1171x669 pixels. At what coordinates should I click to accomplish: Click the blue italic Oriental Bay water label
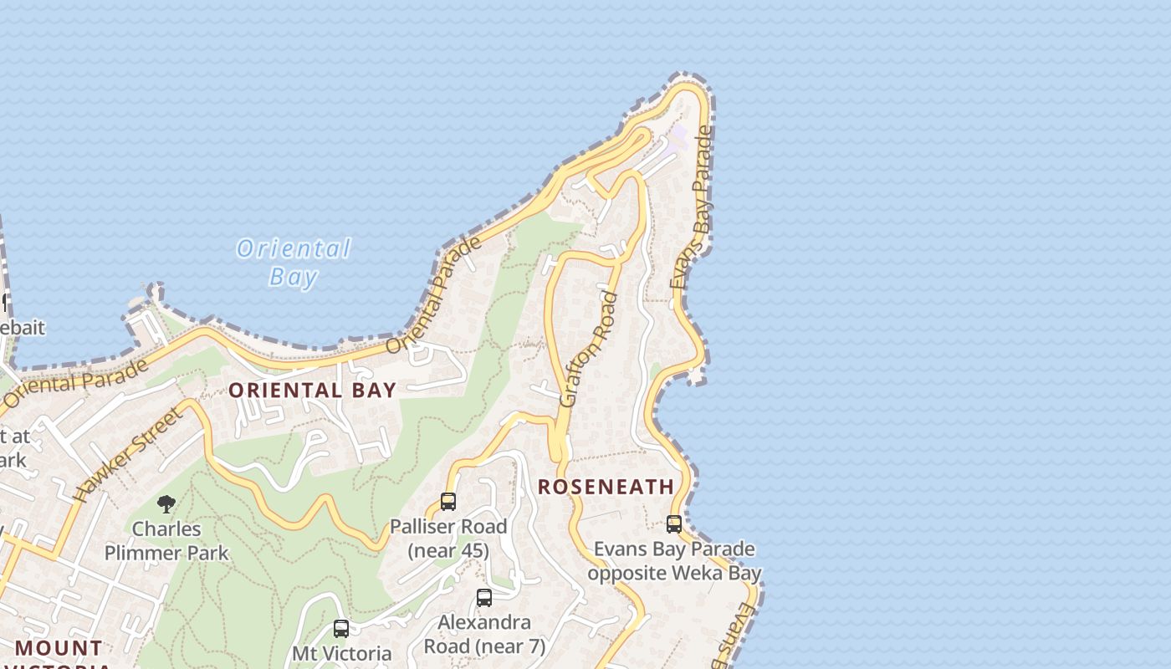point(294,262)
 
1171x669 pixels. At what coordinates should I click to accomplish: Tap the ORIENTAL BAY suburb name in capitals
point(312,391)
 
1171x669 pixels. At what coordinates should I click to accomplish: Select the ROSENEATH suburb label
point(606,487)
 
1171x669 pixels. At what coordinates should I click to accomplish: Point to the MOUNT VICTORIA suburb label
point(59,649)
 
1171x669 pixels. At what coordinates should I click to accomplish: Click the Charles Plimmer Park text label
point(166,540)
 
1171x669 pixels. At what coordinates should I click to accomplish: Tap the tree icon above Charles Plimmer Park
point(166,503)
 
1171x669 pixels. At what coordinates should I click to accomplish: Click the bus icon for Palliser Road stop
point(448,502)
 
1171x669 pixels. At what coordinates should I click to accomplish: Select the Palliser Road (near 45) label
point(448,538)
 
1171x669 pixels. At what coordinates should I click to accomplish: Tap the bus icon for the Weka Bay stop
point(674,524)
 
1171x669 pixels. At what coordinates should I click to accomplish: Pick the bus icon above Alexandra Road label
point(484,598)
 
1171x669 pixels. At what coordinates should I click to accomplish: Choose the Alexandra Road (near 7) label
point(484,634)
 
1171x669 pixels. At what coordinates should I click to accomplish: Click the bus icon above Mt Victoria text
point(341,628)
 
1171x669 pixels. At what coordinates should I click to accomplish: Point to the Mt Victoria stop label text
point(341,653)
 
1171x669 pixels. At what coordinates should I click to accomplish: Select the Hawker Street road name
point(128,455)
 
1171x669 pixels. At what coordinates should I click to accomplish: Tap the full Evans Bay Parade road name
point(692,209)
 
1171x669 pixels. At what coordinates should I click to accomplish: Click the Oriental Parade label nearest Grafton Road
point(435,295)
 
